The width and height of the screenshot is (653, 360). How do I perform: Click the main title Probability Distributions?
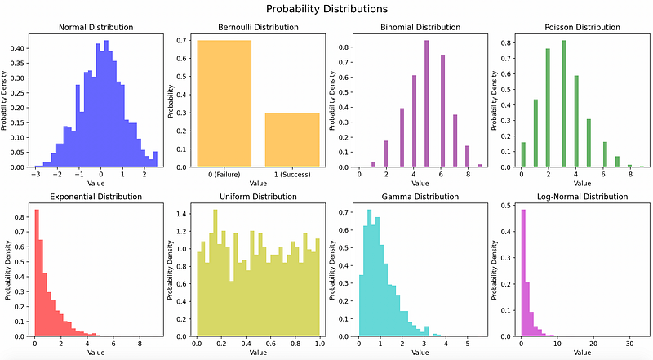click(326, 9)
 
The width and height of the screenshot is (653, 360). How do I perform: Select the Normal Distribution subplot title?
click(96, 27)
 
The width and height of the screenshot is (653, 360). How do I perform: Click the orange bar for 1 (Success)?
click(291, 140)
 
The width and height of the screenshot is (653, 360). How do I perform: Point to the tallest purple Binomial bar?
click(426, 104)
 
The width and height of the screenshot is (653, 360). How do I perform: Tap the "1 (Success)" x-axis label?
click(291, 174)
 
